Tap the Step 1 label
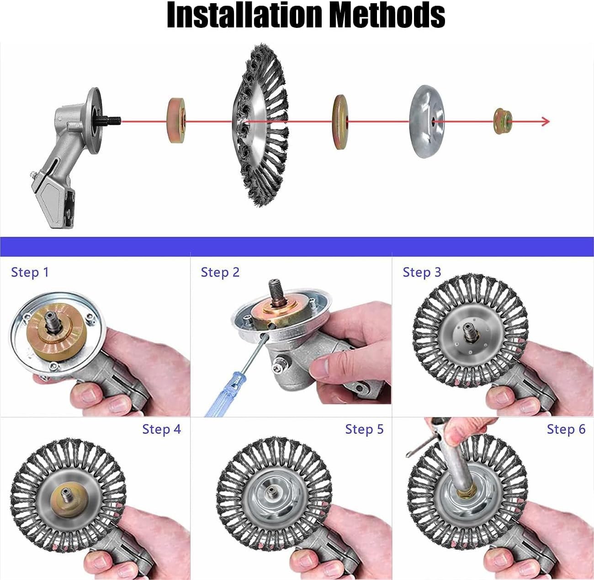[30, 272]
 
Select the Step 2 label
[220, 272]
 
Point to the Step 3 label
[422, 272]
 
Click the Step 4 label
[161, 429]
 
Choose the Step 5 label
[364, 429]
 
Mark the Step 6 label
[566, 429]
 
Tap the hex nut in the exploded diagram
[503, 121]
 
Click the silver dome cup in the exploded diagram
[427, 121]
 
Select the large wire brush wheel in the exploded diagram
[260, 125]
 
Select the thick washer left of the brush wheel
[176, 120]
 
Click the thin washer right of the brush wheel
[340, 122]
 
